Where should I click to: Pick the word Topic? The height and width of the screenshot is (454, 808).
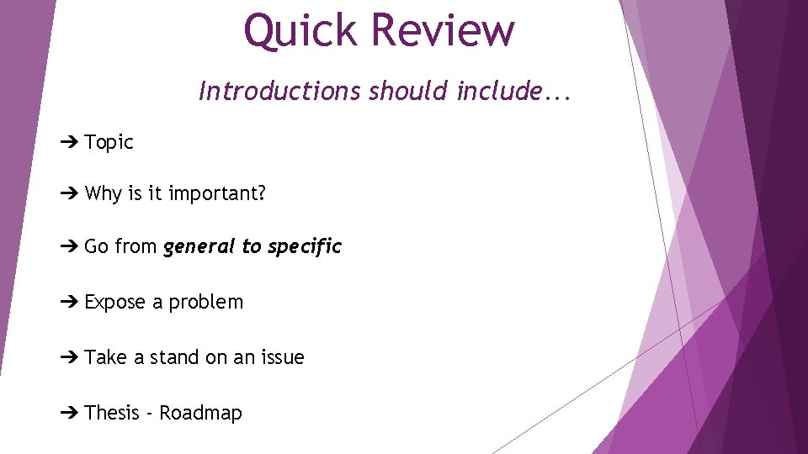[109, 143]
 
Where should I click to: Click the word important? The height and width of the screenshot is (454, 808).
[217, 194]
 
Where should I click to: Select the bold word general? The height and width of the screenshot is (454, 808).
[199, 247]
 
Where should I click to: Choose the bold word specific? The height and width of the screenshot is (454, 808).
[305, 247]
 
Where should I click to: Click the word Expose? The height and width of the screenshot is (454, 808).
[115, 302]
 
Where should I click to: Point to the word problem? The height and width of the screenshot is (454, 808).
[206, 303]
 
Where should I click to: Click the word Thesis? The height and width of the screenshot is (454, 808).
[112, 413]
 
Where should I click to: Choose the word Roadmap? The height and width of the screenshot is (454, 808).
[201, 413]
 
